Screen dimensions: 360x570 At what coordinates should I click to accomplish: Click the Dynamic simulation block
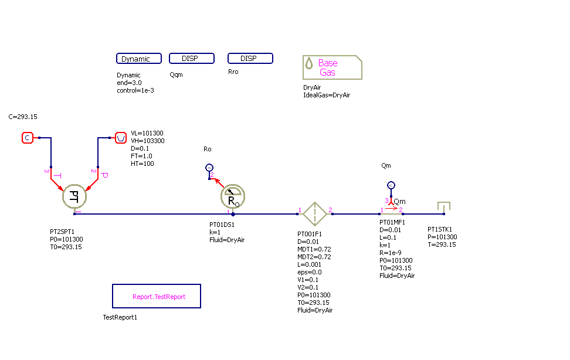[x=140, y=59]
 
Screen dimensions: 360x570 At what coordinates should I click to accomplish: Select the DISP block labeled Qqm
[x=191, y=59]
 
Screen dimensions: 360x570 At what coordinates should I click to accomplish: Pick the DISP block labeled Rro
[x=250, y=59]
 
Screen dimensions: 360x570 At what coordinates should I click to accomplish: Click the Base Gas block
[x=332, y=67]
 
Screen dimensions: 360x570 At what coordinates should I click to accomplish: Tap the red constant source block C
[x=27, y=138]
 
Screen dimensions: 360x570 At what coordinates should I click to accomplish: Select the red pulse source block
[x=120, y=138]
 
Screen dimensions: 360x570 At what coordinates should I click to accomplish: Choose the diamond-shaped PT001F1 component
[x=314, y=214]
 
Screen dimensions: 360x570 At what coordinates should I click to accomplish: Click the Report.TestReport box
[x=157, y=296]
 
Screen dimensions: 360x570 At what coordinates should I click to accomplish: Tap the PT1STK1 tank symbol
[x=444, y=207]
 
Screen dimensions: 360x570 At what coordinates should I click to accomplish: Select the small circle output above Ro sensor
[x=209, y=168]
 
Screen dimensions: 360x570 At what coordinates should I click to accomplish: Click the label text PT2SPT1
[x=62, y=232]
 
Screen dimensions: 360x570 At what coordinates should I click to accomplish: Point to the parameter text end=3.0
[x=129, y=83]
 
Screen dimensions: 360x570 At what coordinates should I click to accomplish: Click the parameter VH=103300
[x=148, y=141]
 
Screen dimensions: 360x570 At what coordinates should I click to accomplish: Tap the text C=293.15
[x=23, y=117]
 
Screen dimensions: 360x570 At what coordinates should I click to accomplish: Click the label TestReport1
[x=120, y=317]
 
